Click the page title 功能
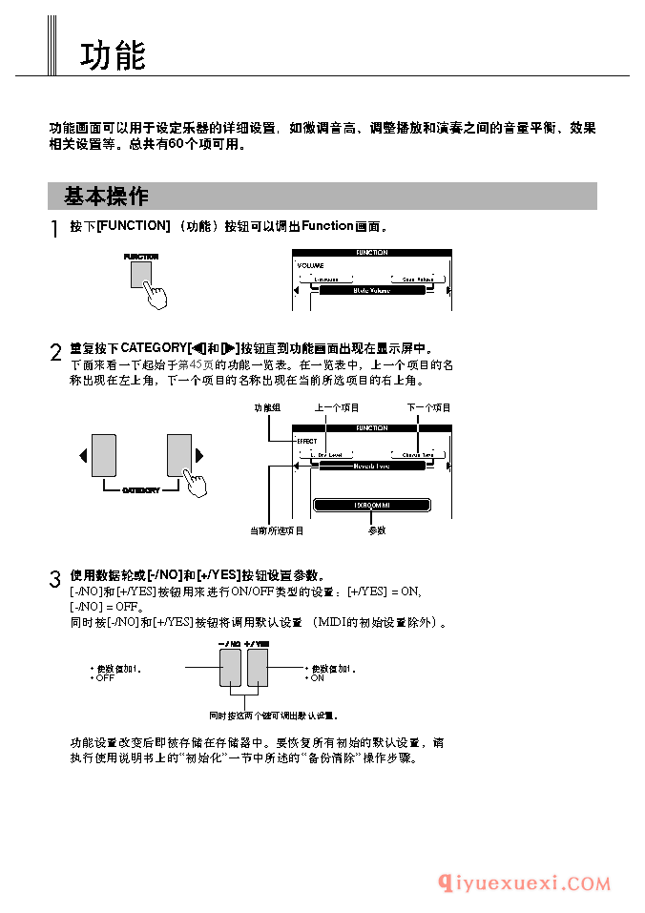point(113,55)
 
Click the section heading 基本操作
point(106,197)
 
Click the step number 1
point(54,230)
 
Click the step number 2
point(54,352)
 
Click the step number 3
point(54,579)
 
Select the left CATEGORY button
point(103,455)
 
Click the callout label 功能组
point(267,407)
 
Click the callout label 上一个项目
point(337,407)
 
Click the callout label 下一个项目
point(428,407)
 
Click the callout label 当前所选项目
point(277,530)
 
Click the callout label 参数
point(376,530)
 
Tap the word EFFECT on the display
point(306,441)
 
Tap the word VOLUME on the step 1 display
point(310,264)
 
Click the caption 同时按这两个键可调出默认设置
point(274,715)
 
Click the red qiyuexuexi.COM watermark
point(524,883)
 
